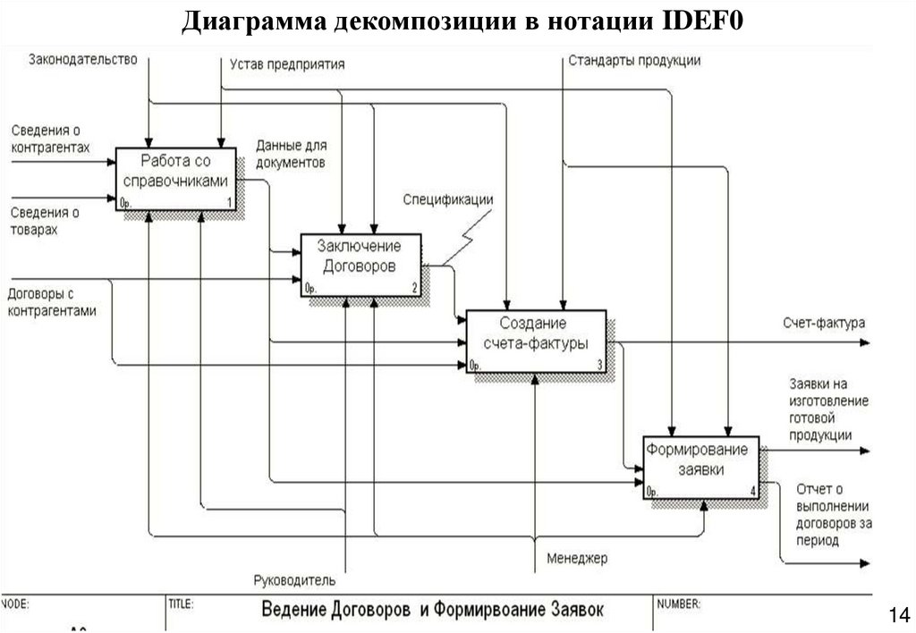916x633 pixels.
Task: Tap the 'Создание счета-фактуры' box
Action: click(x=536, y=341)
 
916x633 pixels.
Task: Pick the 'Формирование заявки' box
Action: click(x=700, y=466)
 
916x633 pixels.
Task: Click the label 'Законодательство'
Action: click(x=82, y=60)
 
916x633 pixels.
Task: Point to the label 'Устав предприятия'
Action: click(x=287, y=64)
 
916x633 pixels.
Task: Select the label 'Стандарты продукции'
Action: click(x=634, y=61)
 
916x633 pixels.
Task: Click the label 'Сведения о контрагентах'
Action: click(x=51, y=139)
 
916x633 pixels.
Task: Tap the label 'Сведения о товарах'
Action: click(x=45, y=221)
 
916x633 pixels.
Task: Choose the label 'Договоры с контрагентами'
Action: click(x=52, y=302)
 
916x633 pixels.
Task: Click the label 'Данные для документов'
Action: click(x=291, y=153)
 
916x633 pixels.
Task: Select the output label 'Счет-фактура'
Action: click(x=824, y=323)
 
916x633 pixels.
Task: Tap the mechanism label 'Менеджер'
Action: click(x=577, y=559)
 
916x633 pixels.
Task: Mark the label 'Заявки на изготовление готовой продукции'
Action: click(x=827, y=409)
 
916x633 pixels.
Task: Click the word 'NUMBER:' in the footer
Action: click(x=679, y=604)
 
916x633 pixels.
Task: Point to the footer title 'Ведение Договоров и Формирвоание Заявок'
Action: click(x=432, y=610)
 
